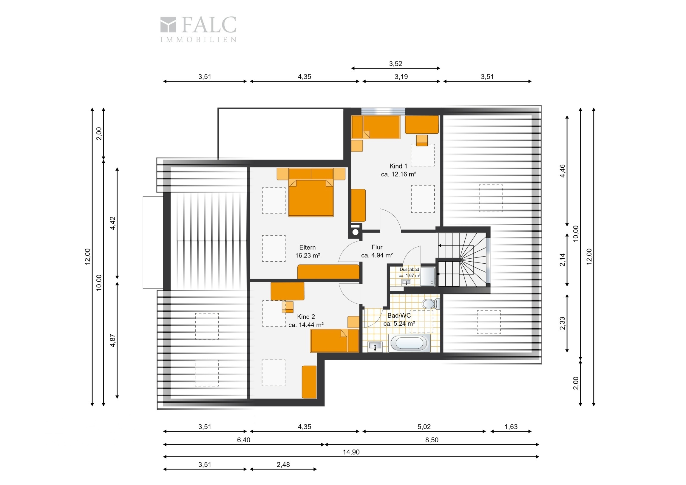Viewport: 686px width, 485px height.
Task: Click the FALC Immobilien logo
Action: [x=198, y=29]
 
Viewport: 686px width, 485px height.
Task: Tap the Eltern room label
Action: [x=308, y=251]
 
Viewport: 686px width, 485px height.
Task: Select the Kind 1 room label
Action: [x=398, y=170]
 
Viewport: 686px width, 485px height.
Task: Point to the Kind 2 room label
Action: [x=306, y=321]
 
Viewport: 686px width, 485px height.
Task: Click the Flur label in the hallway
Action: [x=377, y=251]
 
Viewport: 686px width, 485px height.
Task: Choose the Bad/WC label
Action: [x=399, y=319]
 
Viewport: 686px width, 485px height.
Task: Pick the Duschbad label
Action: [x=409, y=272]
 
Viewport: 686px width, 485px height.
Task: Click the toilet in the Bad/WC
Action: [x=431, y=304]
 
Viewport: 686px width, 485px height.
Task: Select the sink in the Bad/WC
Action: [x=375, y=346]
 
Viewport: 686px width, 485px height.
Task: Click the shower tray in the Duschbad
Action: [x=428, y=276]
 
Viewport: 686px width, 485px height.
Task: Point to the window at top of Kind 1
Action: [x=383, y=112]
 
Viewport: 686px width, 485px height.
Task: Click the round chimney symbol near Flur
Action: [x=355, y=232]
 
